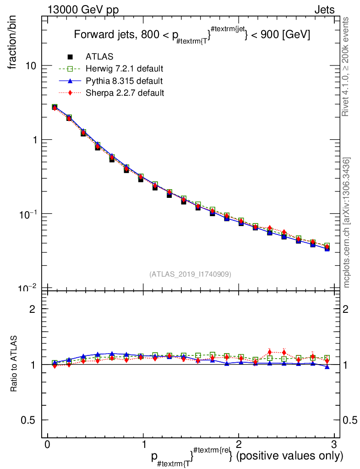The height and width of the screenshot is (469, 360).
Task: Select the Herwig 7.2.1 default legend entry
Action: click(124, 69)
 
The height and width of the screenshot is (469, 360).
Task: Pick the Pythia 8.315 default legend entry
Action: click(124, 81)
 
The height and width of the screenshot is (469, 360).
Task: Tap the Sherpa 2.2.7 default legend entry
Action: click(125, 93)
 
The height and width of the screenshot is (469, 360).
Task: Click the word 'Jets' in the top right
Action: click(324, 10)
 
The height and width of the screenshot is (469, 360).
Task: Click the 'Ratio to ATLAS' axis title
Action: click(14, 364)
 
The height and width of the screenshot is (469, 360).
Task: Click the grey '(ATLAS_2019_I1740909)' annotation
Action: click(190, 274)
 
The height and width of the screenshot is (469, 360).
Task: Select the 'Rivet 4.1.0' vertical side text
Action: click(346, 66)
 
